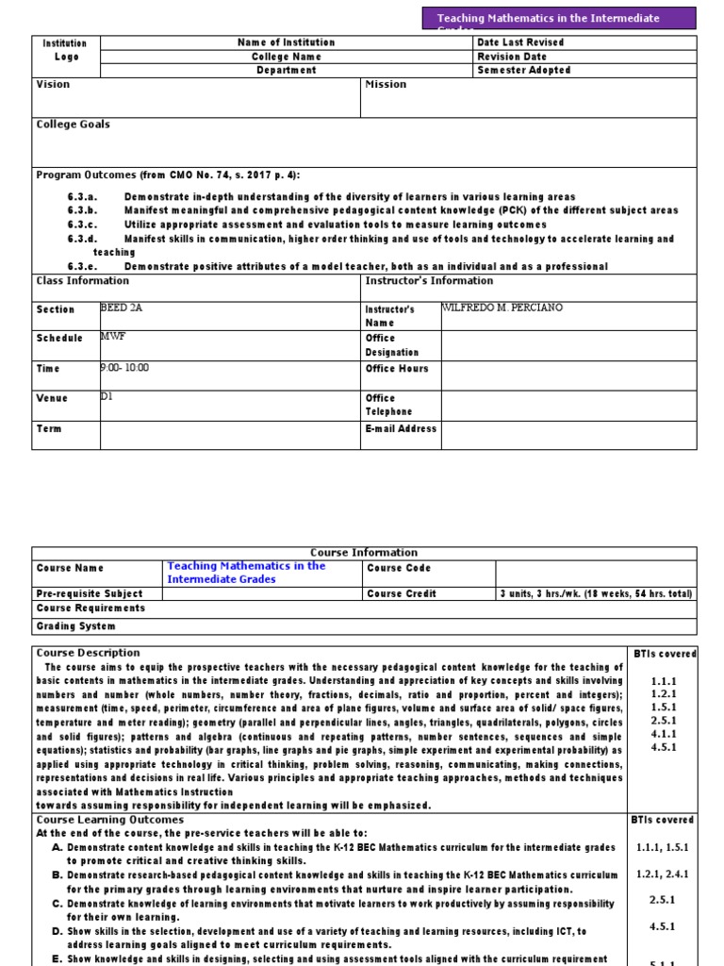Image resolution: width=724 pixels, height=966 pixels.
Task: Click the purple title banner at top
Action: tap(560, 19)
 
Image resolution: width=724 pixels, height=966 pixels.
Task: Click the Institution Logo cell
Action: tap(65, 50)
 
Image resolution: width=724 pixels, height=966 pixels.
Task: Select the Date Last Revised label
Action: tap(520, 42)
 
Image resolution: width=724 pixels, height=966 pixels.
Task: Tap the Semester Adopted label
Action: tap(524, 70)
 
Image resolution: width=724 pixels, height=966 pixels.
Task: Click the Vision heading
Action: tap(53, 84)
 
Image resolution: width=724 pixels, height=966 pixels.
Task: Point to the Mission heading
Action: tap(386, 84)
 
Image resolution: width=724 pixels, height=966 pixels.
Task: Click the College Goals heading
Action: tap(73, 125)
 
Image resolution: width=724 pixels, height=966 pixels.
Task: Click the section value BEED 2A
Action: tap(120, 308)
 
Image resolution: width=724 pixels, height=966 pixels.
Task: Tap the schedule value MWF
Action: tap(113, 336)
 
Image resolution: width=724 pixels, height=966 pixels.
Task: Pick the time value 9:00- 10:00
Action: tap(124, 368)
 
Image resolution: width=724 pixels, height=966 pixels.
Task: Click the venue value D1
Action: tap(107, 397)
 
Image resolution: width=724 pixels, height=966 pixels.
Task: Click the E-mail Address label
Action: tap(401, 428)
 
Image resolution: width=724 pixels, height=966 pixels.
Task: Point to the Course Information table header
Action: tap(364, 553)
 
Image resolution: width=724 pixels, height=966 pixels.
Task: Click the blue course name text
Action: tap(246, 572)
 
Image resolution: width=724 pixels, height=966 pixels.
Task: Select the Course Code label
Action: tap(398, 568)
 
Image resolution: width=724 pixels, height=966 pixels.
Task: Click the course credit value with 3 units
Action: tap(596, 593)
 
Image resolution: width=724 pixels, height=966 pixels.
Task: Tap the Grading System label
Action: tap(75, 626)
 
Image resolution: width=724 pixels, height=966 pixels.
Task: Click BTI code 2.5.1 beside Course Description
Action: tap(664, 720)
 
